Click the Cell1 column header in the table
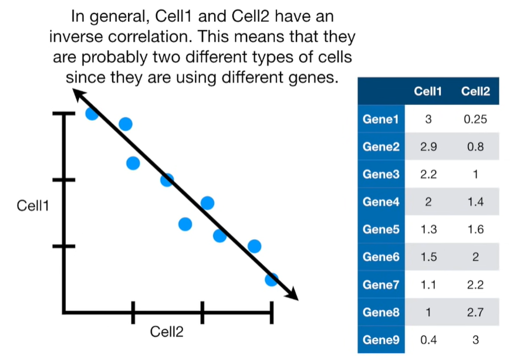tap(428, 91)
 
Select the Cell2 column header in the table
tap(475, 91)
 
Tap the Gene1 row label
tap(381, 120)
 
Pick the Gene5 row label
tap(381, 229)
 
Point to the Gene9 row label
tap(381, 339)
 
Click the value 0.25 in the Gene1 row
tap(475, 120)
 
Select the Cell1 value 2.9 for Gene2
tap(428, 147)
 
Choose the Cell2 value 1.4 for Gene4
tap(475, 202)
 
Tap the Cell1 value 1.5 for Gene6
tap(428, 257)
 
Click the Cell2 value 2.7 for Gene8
tap(475, 312)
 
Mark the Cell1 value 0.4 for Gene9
tap(428, 339)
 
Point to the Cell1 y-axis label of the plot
tap(33, 206)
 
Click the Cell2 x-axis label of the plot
tap(167, 332)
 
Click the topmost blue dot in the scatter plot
tap(92, 113)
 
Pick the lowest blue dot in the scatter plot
tap(271, 279)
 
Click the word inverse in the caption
tap(83, 37)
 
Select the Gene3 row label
tap(381, 175)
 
